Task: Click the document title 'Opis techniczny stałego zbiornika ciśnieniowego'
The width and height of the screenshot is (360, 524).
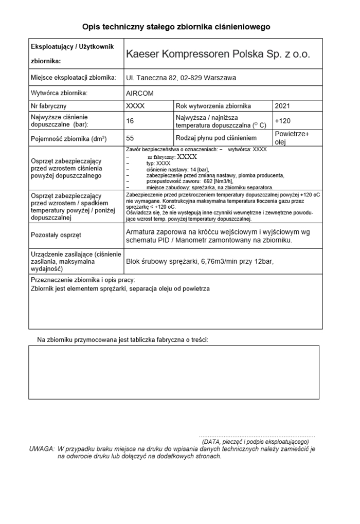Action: click(176, 27)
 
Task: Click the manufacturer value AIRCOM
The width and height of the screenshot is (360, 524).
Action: click(140, 93)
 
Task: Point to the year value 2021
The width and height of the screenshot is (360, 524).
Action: click(282, 106)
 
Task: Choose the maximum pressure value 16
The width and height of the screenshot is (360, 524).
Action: click(130, 121)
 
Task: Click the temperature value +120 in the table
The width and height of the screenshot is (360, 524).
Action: click(282, 121)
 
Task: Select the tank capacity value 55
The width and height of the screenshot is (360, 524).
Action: click(130, 138)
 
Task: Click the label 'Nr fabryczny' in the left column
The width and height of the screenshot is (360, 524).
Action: click(49, 106)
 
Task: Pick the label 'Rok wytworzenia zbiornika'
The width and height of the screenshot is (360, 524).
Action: click(213, 106)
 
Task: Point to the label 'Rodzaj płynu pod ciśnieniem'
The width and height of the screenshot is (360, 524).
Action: click(216, 138)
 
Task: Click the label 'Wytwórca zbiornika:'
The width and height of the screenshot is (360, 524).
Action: click(59, 93)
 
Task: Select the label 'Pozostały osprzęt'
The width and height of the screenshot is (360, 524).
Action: click(56, 235)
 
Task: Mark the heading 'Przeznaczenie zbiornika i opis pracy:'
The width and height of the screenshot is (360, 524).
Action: click(83, 280)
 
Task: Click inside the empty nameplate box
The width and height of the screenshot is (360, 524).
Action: click(173, 372)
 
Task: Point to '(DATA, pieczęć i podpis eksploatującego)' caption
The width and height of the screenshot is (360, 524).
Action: click(255, 441)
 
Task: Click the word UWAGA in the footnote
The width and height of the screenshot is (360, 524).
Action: click(42, 448)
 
